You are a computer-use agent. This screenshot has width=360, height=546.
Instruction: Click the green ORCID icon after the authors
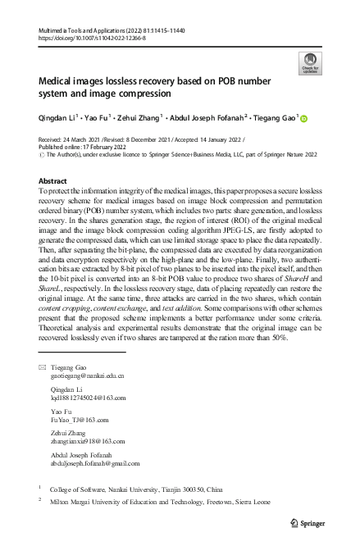(x=303, y=118)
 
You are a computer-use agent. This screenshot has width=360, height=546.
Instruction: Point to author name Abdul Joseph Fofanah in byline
(x=198, y=118)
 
